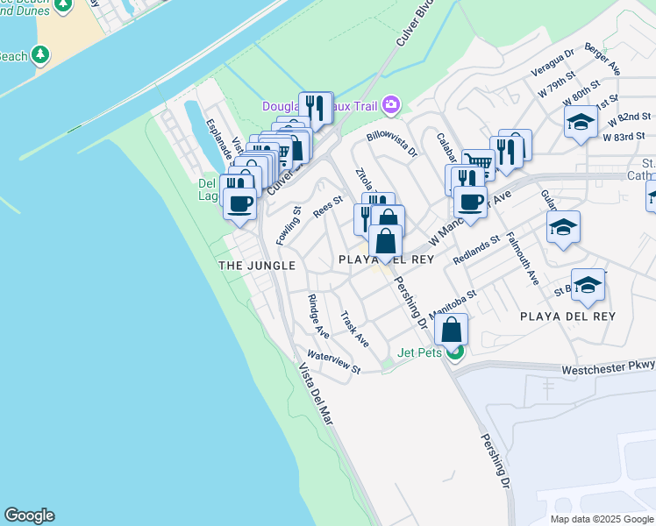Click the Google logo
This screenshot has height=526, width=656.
pyautogui.click(x=29, y=515)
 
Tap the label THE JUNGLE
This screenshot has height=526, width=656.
pyautogui.click(x=256, y=265)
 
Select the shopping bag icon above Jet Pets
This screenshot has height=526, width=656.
pyautogui.click(x=451, y=331)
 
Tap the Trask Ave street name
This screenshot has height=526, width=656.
pyautogui.click(x=354, y=329)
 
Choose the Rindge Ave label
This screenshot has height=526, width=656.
pyautogui.click(x=317, y=316)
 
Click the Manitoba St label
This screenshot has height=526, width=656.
pyautogui.click(x=453, y=303)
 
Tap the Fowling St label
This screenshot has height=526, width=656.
pyautogui.click(x=289, y=225)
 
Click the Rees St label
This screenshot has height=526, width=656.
pyautogui.click(x=327, y=210)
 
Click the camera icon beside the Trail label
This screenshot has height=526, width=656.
pyautogui.click(x=391, y=106)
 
